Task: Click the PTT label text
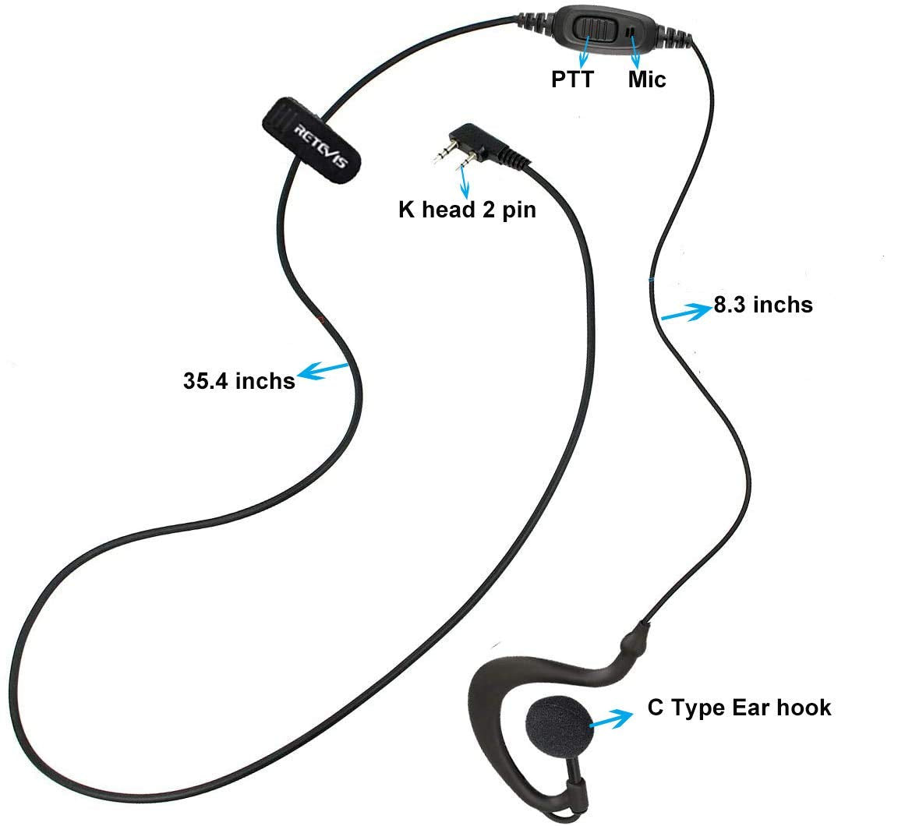pyautogui.click(x=573, y=79)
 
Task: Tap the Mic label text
pyautogui.click(x=646, y=79)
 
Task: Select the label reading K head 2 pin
pyautogui.click(x=467, y=210)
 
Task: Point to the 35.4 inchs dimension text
pyautogui.click(x=239, y=381)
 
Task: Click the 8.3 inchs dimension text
pyautogui.click(x=763, y=305)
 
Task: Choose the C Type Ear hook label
pyautogui.click(x=739, y=708)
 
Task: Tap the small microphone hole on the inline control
pyautogui.click(x=631, y=30)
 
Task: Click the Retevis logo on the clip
pyautogui.click(x=321, y=146)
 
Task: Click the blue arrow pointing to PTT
pyautogui.click(x=585, y=51)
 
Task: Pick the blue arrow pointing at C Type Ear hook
pyautogui.click(x=610, y=718)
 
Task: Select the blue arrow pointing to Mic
pyautogui.click(x=635, y=53)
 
